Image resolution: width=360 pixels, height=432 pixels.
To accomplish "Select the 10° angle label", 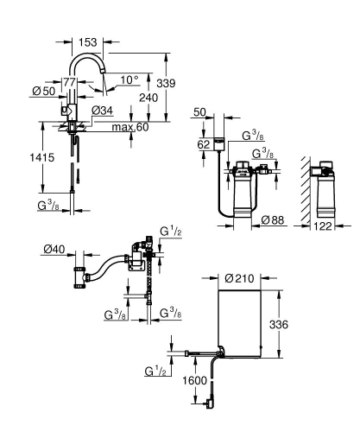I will [129, 79].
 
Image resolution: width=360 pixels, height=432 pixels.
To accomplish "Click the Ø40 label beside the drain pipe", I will [54, 250].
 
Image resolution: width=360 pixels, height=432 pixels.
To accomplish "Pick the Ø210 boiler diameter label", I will [237, 278].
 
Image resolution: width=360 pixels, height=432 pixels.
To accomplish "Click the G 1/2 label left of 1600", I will [156, 372].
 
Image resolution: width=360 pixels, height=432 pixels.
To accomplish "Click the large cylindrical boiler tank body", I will [237, 324].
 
